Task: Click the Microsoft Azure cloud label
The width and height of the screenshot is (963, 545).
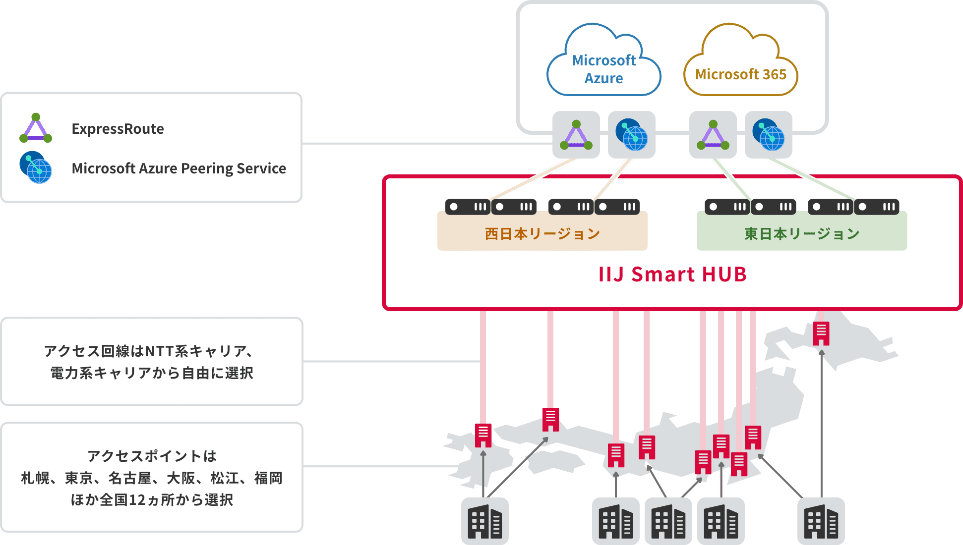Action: pyautogui.click(x=603, y=69)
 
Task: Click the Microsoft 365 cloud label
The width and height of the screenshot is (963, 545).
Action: pyautogui.click(x=740, y=74)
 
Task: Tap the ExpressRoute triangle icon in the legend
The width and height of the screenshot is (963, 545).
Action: pyautogui.click(x=36, y=128)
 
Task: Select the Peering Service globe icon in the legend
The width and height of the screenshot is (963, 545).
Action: pyautogui.click(x=36, y=167)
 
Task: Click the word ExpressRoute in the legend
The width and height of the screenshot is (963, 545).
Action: pyautogui.click(x=118, y=129)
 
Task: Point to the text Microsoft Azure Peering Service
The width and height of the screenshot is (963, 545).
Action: pyautogui.click(x=179, y=168)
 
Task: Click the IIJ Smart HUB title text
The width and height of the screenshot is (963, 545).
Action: pyautogui.click(x=672, y=274)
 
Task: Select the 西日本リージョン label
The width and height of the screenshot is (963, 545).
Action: pyautogui.click(x=542, y=234)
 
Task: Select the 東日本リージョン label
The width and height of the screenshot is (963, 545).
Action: pyautogui.click(x=801, y=234)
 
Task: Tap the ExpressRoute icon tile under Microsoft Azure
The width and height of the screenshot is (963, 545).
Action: pyautogui.click(x=576, y=135)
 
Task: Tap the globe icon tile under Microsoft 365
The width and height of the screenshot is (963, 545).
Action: pyautogui.click(x=768, y=135)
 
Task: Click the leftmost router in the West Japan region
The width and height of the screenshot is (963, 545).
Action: pyautogui.click(x=468, y=207)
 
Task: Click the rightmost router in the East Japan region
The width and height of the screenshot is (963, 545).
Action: pyautogui.click(x=877, y=207)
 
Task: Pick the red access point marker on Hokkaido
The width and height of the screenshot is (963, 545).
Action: pyautogui.click(x=821, y=333)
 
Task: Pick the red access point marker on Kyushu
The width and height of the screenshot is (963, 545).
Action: pyautogui.click(x=483, y=436)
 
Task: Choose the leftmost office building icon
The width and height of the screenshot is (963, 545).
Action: pyautogui.click(x=484, y=521)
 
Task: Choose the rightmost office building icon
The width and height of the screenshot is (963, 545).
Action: pyautogui.click(x=821, y=521)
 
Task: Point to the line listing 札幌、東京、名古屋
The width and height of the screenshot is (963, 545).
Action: pyautogui.click(x=151, y=478)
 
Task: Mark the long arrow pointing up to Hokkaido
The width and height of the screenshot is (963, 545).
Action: pyautogui.click(x=821, y=421)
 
